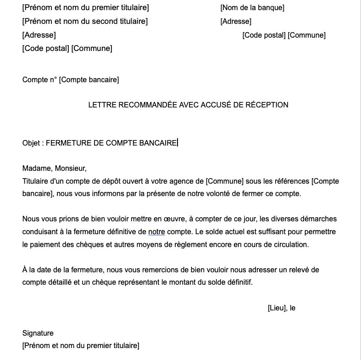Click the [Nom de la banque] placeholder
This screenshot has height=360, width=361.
click(252, 8)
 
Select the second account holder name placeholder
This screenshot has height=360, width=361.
click(85, 21)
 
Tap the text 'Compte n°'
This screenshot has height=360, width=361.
click(39, 80)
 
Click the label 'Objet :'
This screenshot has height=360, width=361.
click(33, 143)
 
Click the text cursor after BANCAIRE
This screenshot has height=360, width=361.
click(178, 143)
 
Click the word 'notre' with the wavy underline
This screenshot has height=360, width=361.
click(156, 232)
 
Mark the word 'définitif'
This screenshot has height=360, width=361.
click(238, 282)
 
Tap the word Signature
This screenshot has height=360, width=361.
click(38, 333)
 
